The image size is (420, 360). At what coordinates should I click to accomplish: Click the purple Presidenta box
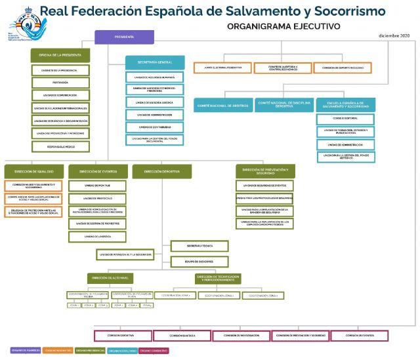124,37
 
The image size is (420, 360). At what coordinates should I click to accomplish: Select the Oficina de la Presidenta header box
60,55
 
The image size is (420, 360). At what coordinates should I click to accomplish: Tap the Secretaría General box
155,62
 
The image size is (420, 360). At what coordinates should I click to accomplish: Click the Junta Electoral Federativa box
218,68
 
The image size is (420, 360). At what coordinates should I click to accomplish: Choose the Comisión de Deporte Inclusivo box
342,68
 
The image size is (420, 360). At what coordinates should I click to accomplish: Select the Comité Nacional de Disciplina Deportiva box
284,105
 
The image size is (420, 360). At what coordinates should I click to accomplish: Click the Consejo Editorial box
345,119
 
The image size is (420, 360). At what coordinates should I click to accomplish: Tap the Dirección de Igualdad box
33,172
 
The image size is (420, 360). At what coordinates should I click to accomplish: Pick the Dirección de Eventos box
98,172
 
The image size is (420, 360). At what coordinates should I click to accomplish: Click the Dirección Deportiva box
162,172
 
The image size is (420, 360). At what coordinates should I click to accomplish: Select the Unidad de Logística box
98,235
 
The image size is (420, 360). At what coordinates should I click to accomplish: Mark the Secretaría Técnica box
199,246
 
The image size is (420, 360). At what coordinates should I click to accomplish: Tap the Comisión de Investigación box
241,336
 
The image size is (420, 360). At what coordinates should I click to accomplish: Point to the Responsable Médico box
60,146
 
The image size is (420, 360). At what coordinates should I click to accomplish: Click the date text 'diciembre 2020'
394,35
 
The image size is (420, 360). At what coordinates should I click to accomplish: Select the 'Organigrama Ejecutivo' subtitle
283,26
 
